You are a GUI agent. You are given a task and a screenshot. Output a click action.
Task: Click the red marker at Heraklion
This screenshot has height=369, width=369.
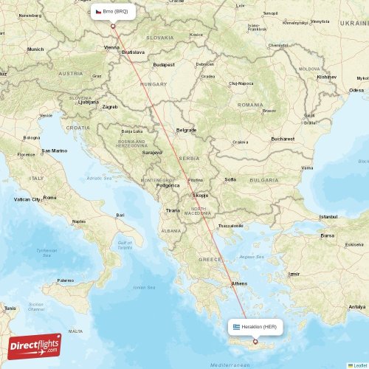click(x=255, y=341)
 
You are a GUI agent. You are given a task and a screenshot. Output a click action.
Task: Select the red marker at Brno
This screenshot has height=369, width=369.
click(x=113, y=27)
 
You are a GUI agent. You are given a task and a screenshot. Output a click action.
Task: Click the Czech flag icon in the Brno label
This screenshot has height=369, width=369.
click(x=98, y=12)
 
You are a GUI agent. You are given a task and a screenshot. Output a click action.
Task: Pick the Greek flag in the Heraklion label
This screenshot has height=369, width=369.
click(x=237, y=326)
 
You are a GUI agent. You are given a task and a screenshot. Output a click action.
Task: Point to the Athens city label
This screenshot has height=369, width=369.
click(x=240, y=283)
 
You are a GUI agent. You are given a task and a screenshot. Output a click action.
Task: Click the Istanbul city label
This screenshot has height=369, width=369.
click(x=328, y=216)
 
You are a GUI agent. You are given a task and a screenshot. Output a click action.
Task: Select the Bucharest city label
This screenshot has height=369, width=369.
click(x=283, y=139)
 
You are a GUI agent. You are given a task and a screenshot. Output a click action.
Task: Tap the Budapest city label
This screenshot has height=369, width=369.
click(x=162, y=65)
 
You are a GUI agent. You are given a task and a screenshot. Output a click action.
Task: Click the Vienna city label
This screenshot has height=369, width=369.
click(x=111, y=48)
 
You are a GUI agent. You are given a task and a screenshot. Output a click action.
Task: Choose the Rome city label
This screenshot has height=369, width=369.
click(x=49, y=198)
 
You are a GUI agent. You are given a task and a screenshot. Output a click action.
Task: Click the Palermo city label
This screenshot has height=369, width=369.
click(x=66, y=280)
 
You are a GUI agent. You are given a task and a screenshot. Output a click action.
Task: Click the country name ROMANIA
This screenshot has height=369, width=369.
click(x=250, y=105)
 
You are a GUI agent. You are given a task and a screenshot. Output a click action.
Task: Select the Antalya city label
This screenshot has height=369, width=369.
click(x=357, y=306)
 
